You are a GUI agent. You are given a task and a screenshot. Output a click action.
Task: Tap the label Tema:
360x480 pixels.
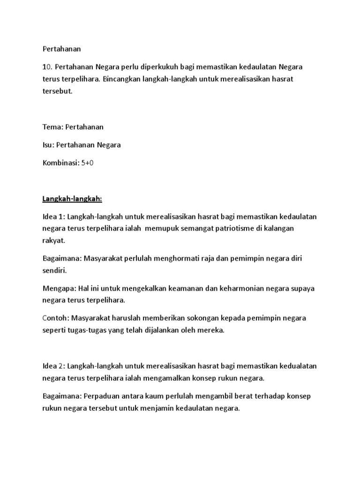tap(53, 127)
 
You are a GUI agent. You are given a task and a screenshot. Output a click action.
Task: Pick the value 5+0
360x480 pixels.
tap(89, 163)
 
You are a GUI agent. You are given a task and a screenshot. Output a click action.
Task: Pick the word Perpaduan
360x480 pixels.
tap(103, 396)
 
